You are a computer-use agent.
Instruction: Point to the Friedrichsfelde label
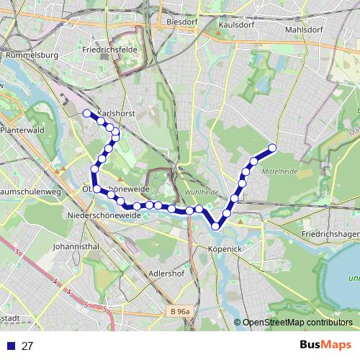click(x=110, y=51)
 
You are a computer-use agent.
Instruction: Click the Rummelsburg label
click(x=31, y=54)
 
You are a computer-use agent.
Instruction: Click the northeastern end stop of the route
click(x=272, y=149)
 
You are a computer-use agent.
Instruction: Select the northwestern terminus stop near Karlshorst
click(x=87, y=113)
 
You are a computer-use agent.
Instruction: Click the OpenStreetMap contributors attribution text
click(x=297, y=323)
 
